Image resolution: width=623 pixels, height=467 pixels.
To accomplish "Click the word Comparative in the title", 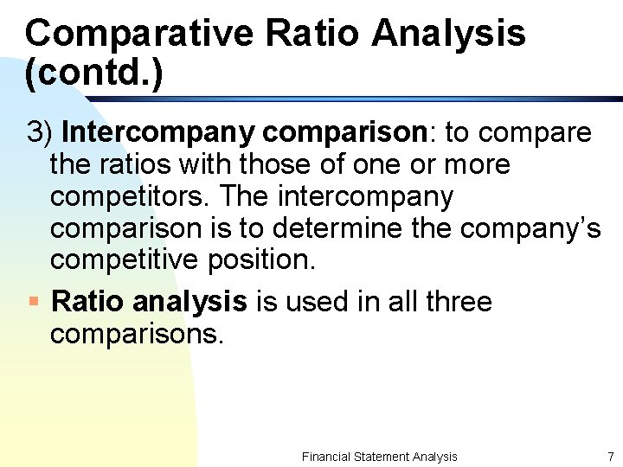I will coord(139,34).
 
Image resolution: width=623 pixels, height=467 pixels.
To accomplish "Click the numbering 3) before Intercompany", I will coord(41,132).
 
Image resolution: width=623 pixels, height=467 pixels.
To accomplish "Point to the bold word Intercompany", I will coord(158,132).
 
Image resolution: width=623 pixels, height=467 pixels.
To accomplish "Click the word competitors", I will coord(130,197).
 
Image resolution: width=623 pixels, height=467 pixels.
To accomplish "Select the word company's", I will coord(530,229).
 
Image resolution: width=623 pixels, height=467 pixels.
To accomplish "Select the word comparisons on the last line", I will coord(137,333).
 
